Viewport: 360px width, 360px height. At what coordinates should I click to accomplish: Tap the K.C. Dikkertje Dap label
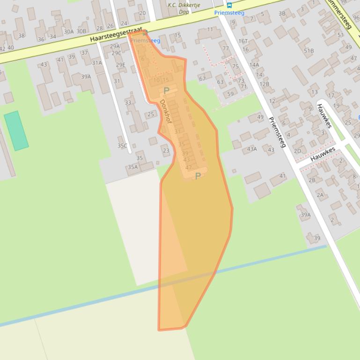(x=184, y=8)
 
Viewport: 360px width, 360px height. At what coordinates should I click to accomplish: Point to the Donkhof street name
(x=166, y=111)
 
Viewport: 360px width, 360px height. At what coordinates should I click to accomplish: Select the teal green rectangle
(x=16, y=130)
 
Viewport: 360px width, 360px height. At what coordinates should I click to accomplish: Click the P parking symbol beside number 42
(x=198, y=176)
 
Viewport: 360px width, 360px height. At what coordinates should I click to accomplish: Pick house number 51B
(x=309, y=50)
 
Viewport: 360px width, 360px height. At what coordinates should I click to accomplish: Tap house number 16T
(x=243, y=41)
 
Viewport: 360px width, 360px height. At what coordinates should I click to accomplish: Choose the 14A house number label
(x=254, y=65)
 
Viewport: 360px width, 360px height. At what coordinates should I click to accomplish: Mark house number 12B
(x=264, y=85)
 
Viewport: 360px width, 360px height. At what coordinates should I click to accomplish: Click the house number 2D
(x=298, y=151)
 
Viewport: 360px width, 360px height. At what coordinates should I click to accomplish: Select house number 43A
(x=252, y=149)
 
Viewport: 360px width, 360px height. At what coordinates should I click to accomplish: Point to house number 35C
(x=122, y=146)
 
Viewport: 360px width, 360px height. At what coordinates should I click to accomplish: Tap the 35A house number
(x=133, y=167)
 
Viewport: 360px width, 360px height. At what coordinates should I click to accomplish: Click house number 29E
(x=121, y=65)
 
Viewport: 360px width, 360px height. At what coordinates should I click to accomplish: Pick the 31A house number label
(x=97, y=63)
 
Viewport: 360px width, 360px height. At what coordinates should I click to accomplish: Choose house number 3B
(x=282, y=14)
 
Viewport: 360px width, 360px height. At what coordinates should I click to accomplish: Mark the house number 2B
(x=312, y=180)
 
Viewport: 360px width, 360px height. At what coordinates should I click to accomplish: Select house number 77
(x=226, y=49)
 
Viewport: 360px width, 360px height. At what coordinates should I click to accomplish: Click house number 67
(x=202, y=78)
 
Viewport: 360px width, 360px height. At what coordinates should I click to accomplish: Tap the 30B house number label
(x=81, y=31)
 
